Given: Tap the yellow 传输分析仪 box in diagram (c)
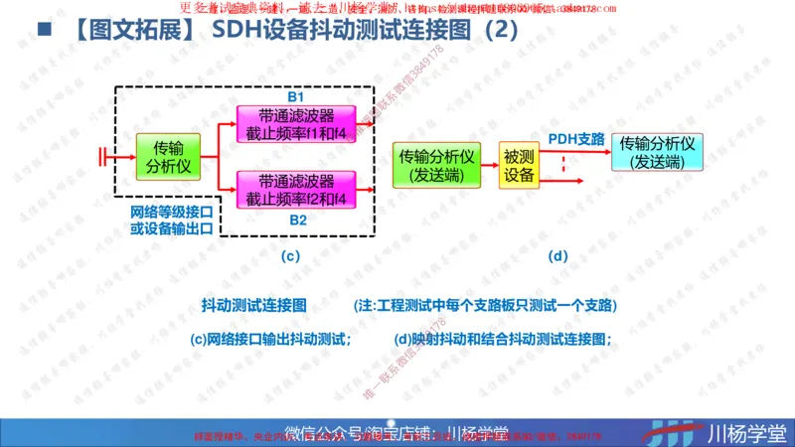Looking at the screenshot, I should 169,155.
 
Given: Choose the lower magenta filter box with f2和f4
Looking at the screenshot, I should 294,190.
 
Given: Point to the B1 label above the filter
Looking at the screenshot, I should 296,96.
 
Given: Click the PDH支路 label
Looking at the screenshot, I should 576,140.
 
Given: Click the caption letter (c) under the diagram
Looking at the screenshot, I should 290,256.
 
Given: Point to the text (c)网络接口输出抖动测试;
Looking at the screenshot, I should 270,338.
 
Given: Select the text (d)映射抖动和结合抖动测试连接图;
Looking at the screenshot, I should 503,338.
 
